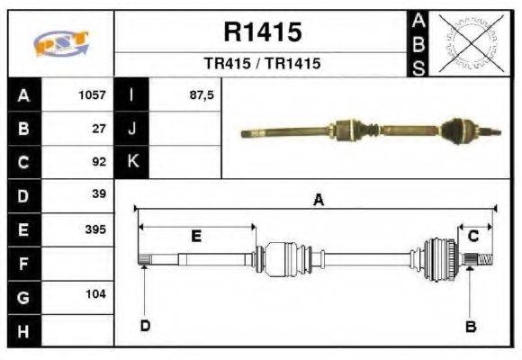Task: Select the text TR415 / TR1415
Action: pos(261,65)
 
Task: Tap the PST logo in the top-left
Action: pos(60,44)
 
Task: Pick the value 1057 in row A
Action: pos(93,94)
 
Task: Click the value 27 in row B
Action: pos(100,129)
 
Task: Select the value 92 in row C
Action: pos(100,162)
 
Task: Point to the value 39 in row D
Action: pos(100,194)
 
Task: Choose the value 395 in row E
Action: pos(95,229)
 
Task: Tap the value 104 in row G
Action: pos(95,294)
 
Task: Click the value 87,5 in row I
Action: pos(202,94)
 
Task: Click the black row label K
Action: pos(132,162)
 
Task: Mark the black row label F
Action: pos(23,263)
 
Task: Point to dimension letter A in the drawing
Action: pos(317,201)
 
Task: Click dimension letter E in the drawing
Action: pos(196,236)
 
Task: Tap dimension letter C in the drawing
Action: pos(472,236)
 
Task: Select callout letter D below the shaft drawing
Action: pos(144,326)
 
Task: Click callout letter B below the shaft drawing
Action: pos(470,328)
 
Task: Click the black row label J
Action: pos(132,129)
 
